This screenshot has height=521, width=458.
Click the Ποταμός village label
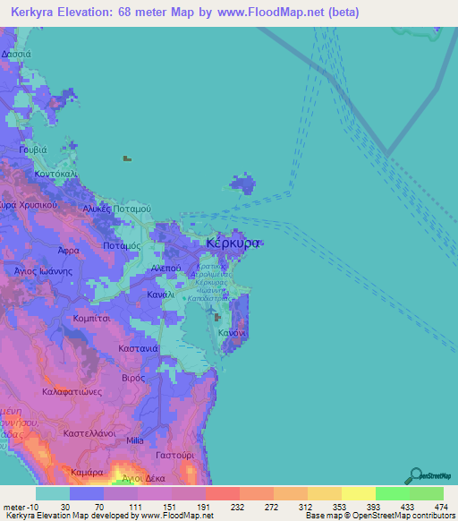click(x=123, y=244)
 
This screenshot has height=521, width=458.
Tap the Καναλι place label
click(x=161, y=294)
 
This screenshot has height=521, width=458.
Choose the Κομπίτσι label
click(x=90, y=318)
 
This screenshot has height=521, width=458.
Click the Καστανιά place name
click(x=139, y=347)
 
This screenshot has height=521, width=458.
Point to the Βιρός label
click(x=133, y=379)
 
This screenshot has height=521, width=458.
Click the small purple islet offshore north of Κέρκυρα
click(x=242, y=185)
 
